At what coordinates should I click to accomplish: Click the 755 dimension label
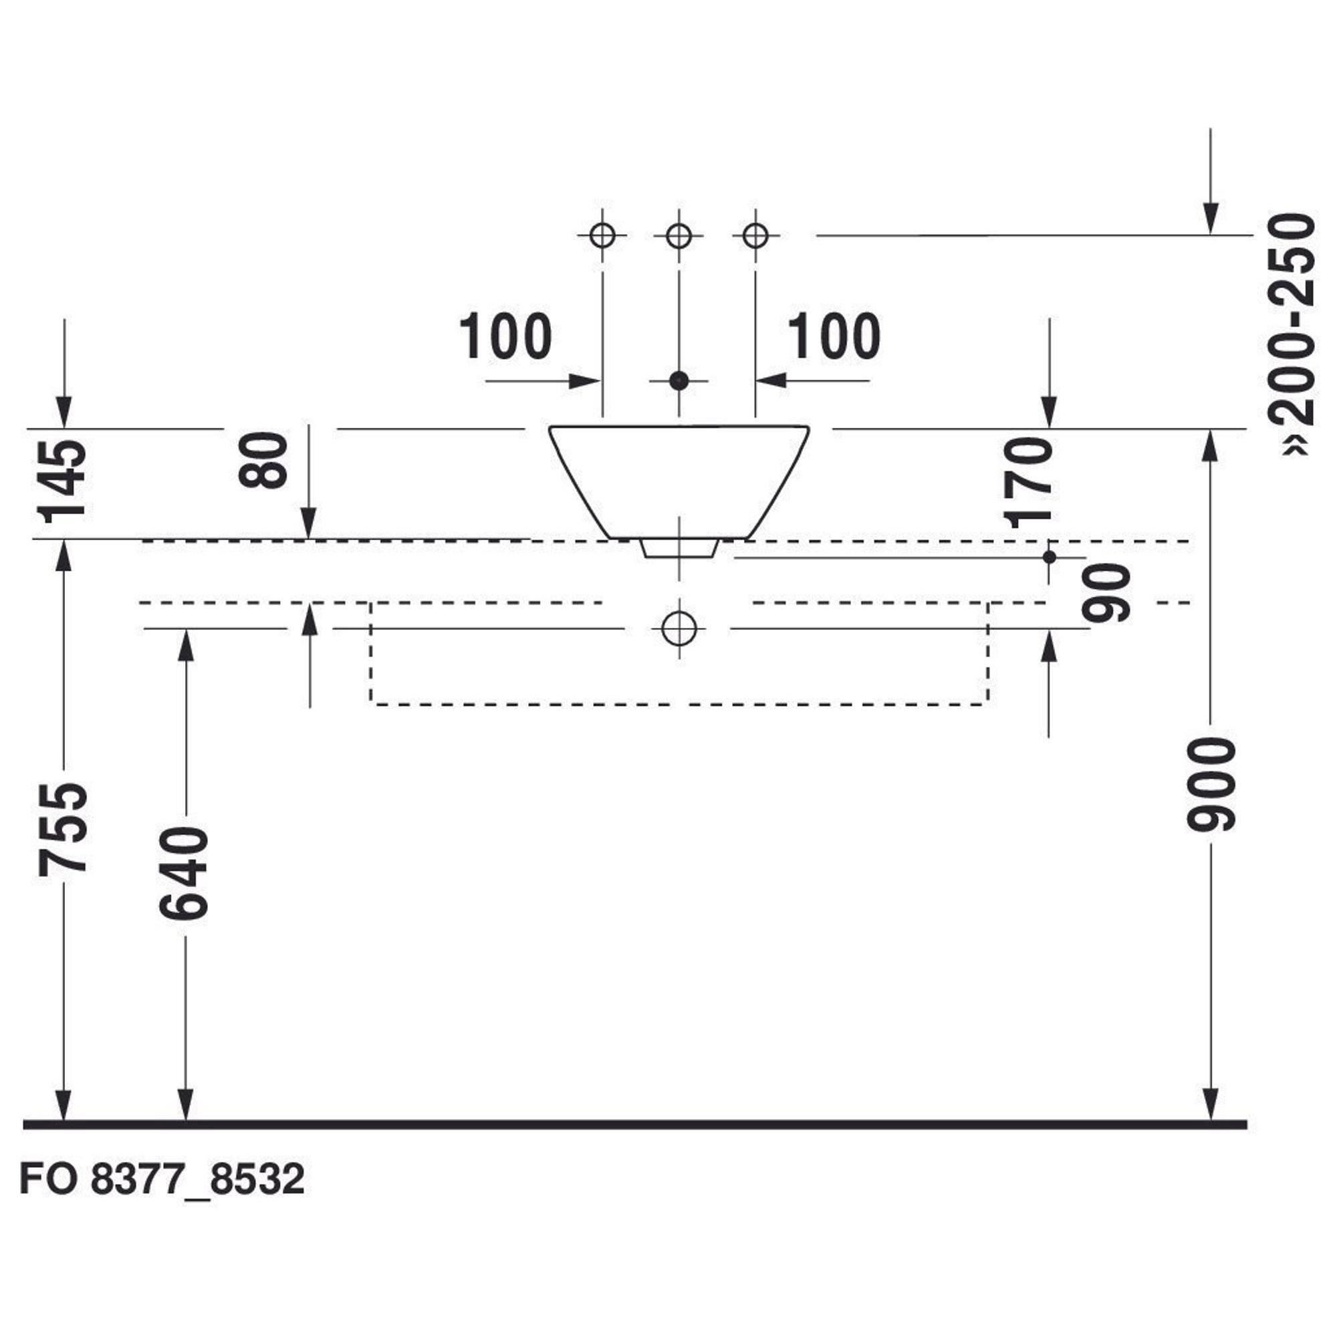pos(63,828)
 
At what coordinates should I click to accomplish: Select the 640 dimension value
pos(184,873)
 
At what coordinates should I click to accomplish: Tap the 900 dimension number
pos(1211,784)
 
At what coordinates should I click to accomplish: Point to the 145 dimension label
pos(63,481)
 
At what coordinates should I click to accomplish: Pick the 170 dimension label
pos(1028,483)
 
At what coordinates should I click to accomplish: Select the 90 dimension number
pos(1106,593)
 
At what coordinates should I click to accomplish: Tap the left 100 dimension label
pos(505,336)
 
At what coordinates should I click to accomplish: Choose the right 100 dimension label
pos(834,336)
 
